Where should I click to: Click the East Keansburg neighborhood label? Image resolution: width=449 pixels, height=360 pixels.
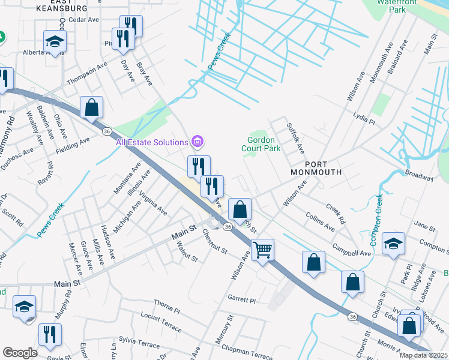(61, 6)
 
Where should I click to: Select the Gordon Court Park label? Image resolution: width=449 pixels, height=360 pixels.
(261, 144)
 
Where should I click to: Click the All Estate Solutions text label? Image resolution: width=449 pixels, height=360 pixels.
(152, 142)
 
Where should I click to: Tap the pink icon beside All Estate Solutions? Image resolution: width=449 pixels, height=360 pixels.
(196, 142)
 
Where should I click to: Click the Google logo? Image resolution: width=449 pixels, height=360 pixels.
(20, 353)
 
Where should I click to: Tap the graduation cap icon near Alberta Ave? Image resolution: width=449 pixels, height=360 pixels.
(54, 42)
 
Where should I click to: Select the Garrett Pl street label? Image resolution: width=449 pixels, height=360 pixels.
(241, 299)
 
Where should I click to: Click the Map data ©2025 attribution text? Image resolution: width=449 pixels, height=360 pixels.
(424, 355)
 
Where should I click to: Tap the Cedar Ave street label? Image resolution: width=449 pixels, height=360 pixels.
(83, 20)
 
